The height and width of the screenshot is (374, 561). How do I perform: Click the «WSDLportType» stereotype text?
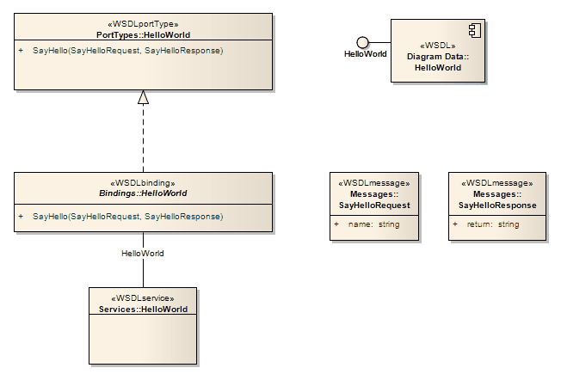pyautogui.click(x=143, y=24)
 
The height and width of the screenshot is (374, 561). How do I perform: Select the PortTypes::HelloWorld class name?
pyautogui.click(x=143, y=35)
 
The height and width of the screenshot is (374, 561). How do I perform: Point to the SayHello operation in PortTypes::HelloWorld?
pyautogui.click(x=127, y=52)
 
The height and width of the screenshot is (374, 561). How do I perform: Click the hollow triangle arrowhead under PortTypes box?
pyautogui.click(x=144, y=97)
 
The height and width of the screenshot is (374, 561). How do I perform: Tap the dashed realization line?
pyautogui.click(x=144, y=138)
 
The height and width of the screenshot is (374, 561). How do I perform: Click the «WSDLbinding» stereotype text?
pyautogui.click(x=143, y=183)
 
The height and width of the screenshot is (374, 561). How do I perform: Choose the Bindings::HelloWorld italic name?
pyautogui.click(x=143, y=193)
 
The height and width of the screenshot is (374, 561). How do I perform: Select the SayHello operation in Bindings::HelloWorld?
pyautogui.click(x=127, y=217)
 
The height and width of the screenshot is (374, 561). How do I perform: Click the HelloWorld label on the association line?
pyautogui.click(x=143, y=254)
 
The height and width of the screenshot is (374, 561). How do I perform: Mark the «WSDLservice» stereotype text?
pyautogui.click(x=143, y=298)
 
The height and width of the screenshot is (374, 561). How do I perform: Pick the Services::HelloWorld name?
pyautogui.click(x=143, y=309)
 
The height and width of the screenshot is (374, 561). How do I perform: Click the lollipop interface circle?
pyautogui.click(x=363, y=42)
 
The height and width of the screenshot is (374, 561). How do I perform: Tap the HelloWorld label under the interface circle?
pyautogui.click(x=365, y=54)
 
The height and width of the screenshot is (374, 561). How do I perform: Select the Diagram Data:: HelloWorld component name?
pyautogui.click(x=438, y=62)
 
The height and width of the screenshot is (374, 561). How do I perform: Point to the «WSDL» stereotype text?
pyautogui.click(x=438, y=46)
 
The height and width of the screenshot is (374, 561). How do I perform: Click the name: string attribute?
pyautogui.click(x=374, y=224)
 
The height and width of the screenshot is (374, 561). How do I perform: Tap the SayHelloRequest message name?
pyautogui.click(x=374, y=205)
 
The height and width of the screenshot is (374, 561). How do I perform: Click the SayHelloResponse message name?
pyautogui.click(x=497, y=205)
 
